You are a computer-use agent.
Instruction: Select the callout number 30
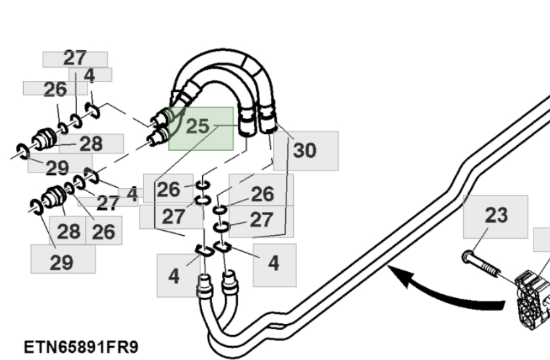point(304,151)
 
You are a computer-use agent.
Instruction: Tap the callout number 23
point(496,215)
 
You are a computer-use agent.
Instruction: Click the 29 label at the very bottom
point(62,262)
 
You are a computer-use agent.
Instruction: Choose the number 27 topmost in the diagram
point(74,58)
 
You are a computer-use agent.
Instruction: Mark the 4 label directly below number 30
point(274,263)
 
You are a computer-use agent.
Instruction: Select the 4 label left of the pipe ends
point(174,276)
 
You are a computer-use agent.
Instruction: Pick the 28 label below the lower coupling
point(68,231)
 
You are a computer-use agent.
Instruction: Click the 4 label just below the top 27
point(90,75)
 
